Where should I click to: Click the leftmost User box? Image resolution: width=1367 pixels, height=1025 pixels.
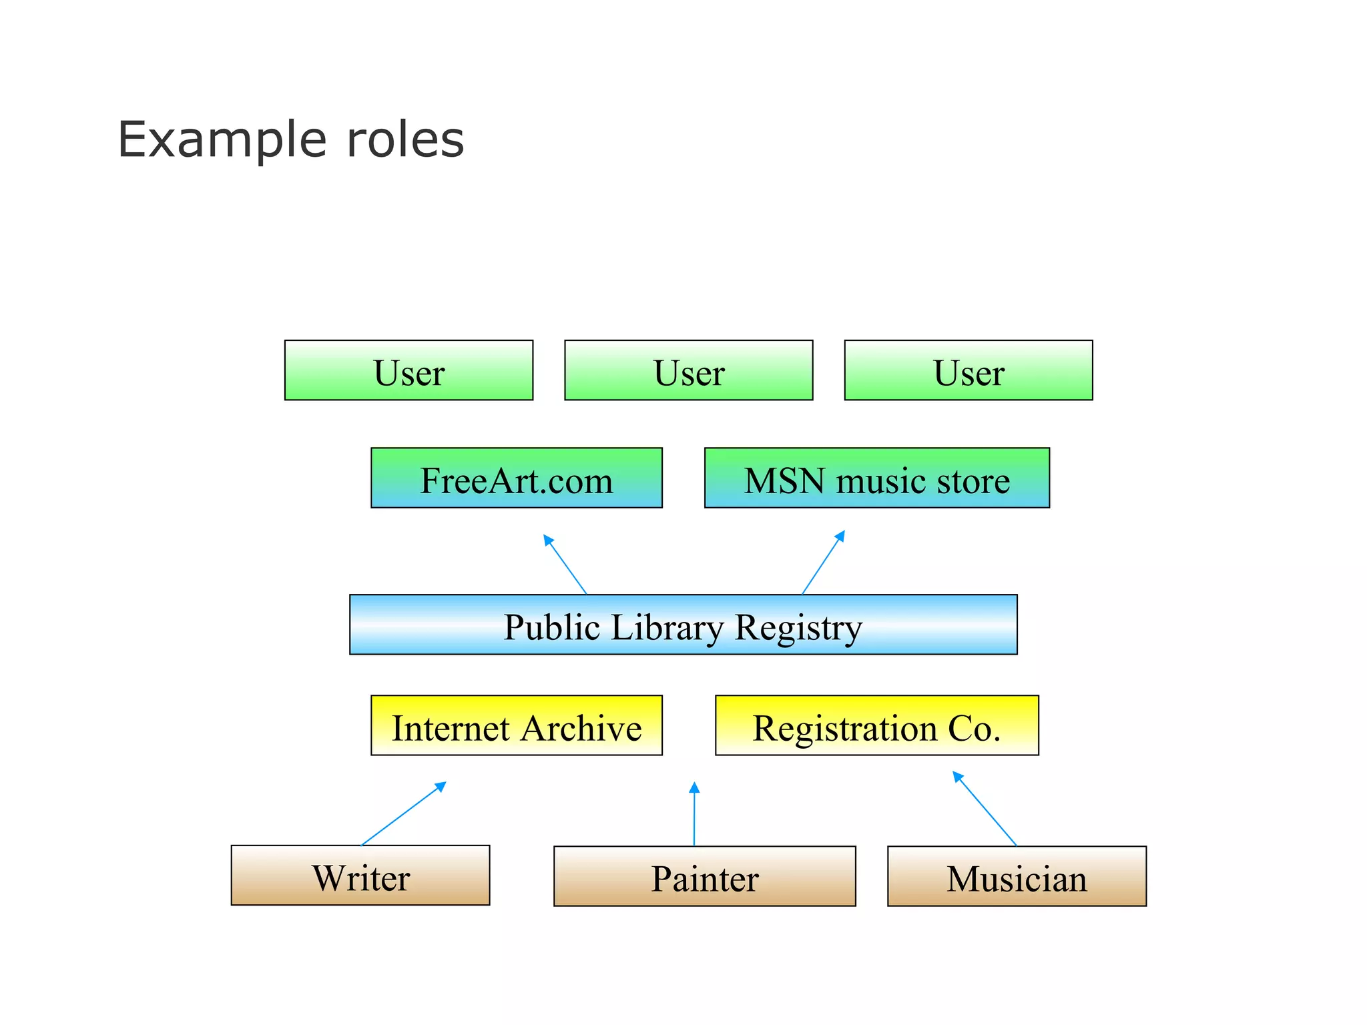408,370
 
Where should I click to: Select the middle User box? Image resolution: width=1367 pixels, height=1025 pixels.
688,370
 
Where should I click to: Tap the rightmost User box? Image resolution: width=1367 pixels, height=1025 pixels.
968,370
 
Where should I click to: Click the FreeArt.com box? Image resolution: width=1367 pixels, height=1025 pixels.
516,478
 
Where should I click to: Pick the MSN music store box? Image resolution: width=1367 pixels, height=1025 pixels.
876,478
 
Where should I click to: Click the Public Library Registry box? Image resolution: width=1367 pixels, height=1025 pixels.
683,625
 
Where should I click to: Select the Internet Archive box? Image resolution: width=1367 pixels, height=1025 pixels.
516,725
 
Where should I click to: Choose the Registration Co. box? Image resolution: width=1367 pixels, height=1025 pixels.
876,725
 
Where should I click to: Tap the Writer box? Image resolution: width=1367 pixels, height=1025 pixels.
360,876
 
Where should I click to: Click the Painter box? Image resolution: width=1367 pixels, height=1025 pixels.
704,876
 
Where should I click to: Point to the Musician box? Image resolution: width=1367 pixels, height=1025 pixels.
1016,876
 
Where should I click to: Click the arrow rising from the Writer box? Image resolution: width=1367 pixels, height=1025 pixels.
403,814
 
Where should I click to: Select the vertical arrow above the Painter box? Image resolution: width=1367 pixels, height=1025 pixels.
694,814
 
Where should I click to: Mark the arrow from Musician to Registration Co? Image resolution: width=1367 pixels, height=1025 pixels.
985,809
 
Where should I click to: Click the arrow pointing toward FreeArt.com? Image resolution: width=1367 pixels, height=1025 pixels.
565,564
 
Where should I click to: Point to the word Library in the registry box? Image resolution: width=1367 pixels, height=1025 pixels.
667,627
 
